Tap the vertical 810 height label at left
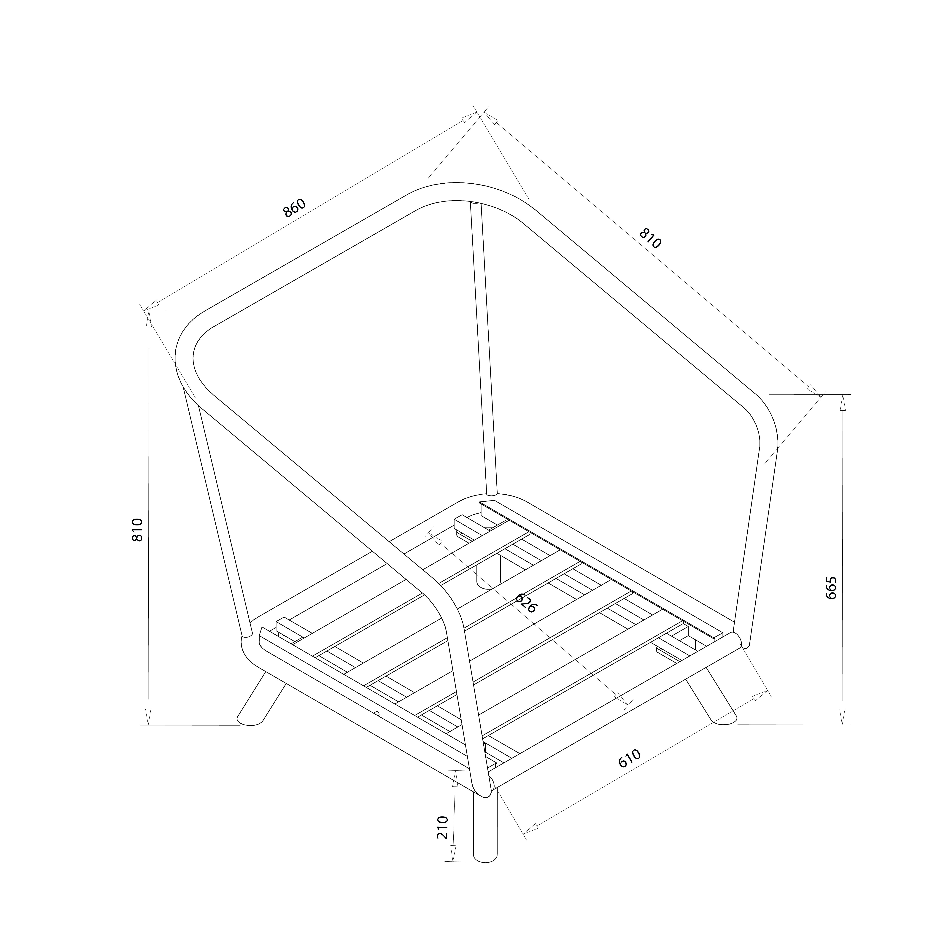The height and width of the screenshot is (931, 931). [x=138, y=530]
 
